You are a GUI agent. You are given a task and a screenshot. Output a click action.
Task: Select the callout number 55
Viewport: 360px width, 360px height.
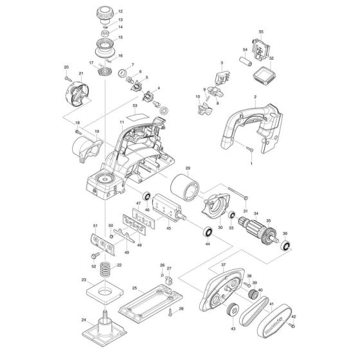[x=261, y=32]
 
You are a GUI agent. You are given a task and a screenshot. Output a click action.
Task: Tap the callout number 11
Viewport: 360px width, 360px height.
[x=121, y=122]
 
